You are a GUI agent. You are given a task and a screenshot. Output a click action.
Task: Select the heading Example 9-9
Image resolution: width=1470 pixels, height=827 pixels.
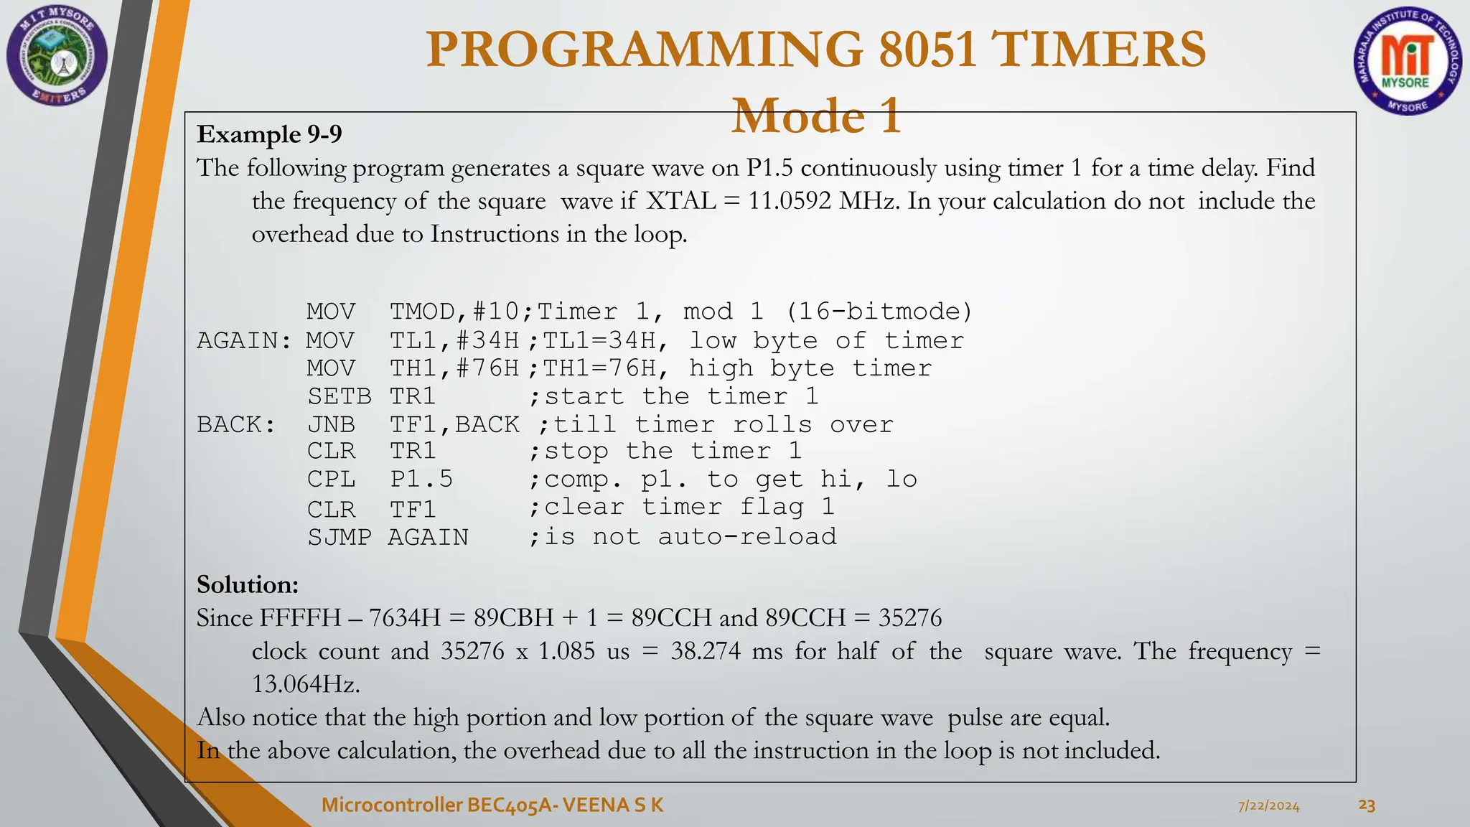pyautogui.click(x=269, y=134)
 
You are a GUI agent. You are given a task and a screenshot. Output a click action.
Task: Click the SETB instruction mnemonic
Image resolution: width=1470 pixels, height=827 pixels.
pyautogui.click(x=340, y=396)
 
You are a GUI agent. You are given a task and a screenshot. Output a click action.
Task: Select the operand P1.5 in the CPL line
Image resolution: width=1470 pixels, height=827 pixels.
pyautogui.click(x=421, y=479)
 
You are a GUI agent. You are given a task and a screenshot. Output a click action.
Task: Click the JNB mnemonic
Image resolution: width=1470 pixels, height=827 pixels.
pyautogui.click(x=331, y=424)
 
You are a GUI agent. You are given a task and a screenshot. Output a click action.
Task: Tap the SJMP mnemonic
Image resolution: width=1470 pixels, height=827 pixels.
pyautogui.click(x=340, y=537)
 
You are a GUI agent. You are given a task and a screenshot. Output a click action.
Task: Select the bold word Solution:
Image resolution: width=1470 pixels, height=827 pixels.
pyautogui.click(x=248, y=584)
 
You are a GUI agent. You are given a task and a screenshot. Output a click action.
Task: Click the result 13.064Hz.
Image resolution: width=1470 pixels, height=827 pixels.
pyautogui.click(x=306, y=684)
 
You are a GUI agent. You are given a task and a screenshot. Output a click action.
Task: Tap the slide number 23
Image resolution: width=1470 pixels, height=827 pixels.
pyautogui.click(x=1367, y=805)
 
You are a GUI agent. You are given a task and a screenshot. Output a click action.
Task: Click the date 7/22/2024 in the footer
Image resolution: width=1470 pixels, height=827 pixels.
pyautogui.click(x=1268, y=806)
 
